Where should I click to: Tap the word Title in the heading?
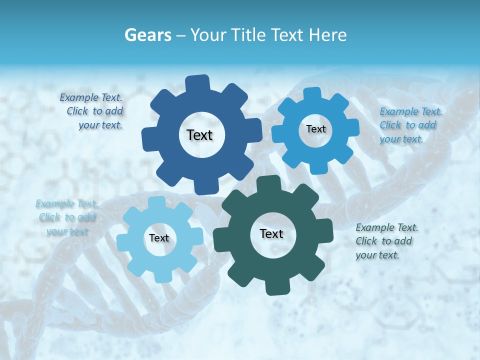(x=250, y=35)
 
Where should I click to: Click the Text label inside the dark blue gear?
(x=199, y=135)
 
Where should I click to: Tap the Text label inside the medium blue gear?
(x=315, y=129)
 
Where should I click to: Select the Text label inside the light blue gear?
(x=159, y=238)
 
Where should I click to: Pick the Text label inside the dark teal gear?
(x=271, y=234)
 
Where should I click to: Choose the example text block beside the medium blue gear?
(x=410, y=125)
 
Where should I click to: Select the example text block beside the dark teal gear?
(x=386, y=241)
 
